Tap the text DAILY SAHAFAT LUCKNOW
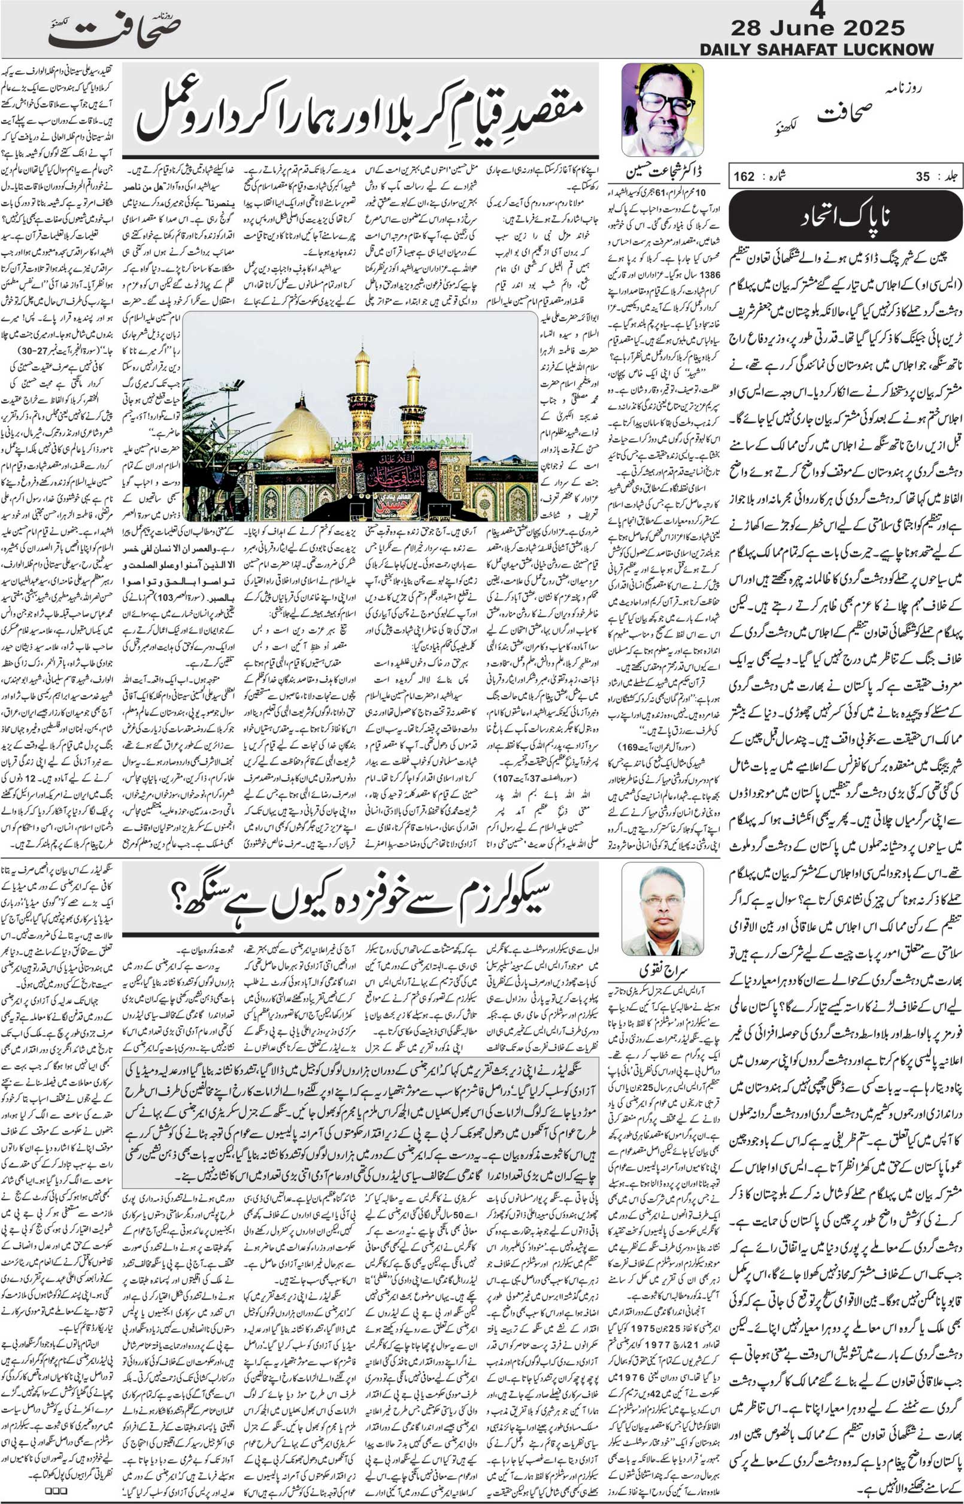pyautogui.click(x=816, y=50)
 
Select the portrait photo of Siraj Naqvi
pyautogui.click(x=662, y=909)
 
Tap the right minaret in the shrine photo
pyautogui.click(x=413, y=407)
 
